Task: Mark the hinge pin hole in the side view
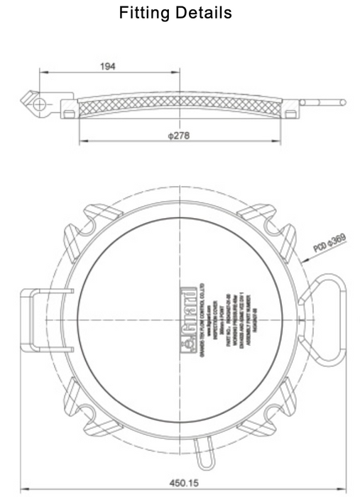pos(40,103)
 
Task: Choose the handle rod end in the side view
pos(343,104)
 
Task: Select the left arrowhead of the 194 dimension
pos(41,72)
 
